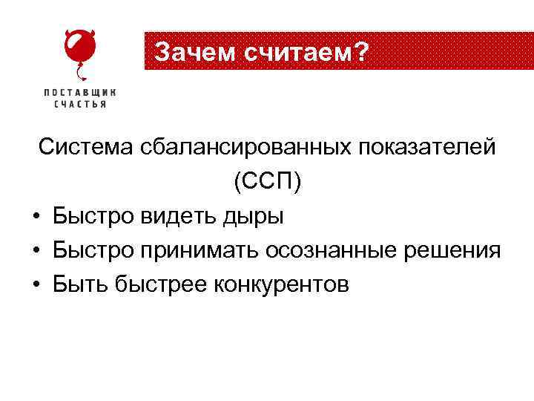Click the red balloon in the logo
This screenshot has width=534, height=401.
point(79,48)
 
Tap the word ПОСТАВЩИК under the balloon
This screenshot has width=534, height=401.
point(80,93)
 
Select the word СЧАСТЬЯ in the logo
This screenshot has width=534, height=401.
point(80,104)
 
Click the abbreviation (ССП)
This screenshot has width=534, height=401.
point(267,182)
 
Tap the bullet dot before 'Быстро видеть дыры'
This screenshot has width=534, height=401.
point(36,218)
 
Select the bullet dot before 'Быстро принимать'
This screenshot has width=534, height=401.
point(36,252)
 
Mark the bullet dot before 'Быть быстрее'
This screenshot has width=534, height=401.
point(36,285)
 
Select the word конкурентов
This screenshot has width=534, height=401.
point(281,285)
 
